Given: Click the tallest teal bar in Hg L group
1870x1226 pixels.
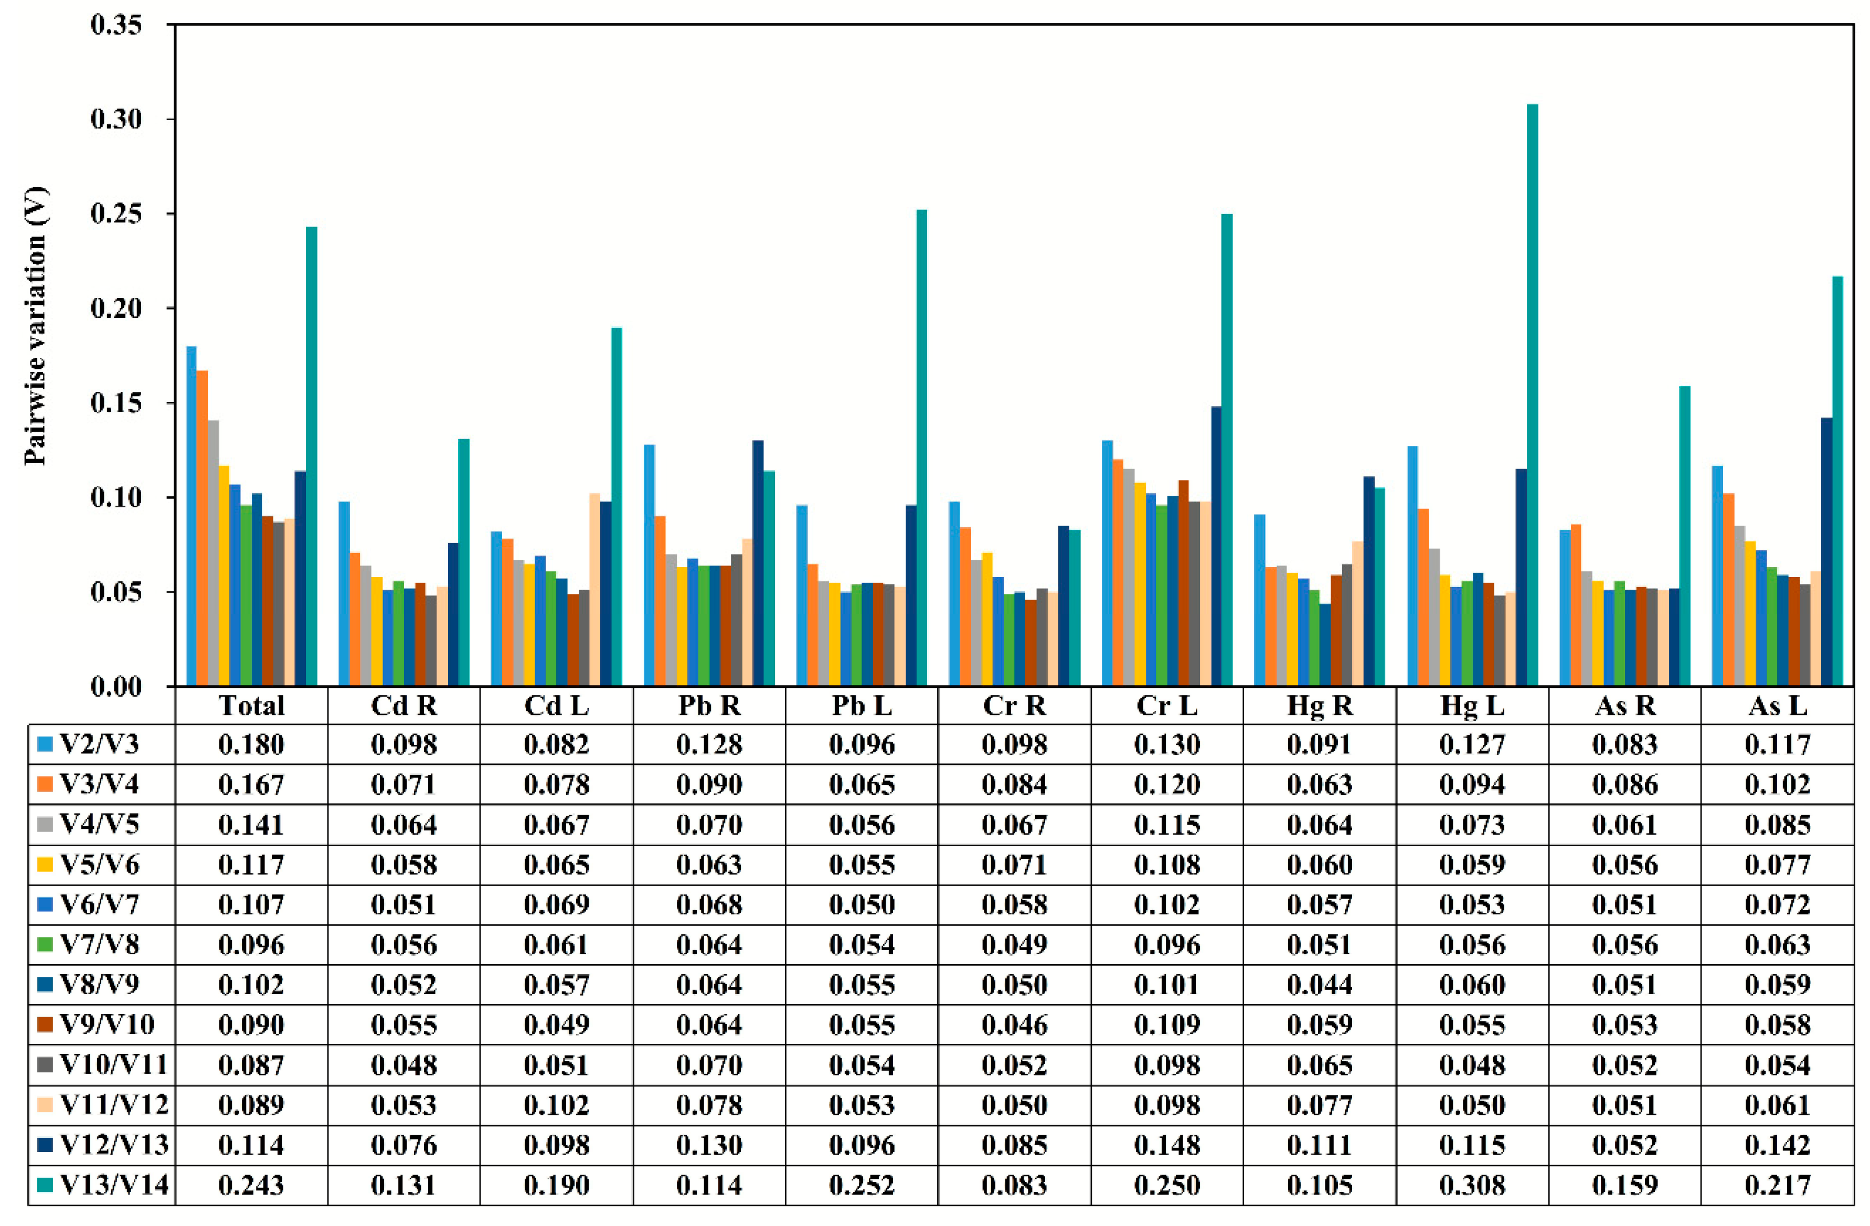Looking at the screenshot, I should (x=1532, y=393).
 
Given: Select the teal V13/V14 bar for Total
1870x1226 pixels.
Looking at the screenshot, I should (x=311, y=455).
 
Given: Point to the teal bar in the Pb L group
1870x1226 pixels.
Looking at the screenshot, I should (x=922, y=447).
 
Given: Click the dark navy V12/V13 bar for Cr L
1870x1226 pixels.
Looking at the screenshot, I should (x=1216, y=546).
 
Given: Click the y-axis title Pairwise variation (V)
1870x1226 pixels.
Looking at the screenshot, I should (x=35, y=326).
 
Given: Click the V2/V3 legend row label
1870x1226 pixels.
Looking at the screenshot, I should (x=99, y=744).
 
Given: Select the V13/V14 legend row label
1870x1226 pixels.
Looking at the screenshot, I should (x=114, y=1185).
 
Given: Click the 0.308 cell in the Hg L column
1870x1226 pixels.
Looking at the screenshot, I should (x=1472, y=1185).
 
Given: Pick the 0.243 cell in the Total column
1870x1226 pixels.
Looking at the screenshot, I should (x=251, y=1185).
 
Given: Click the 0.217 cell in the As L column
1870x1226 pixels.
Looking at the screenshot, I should (x=1777, y=1185).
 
